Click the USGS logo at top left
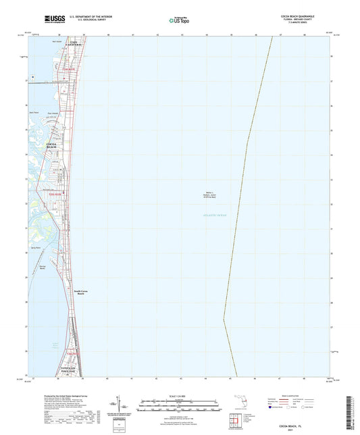50,16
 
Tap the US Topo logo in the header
179,20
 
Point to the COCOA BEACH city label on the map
52,145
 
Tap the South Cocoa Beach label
80,292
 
